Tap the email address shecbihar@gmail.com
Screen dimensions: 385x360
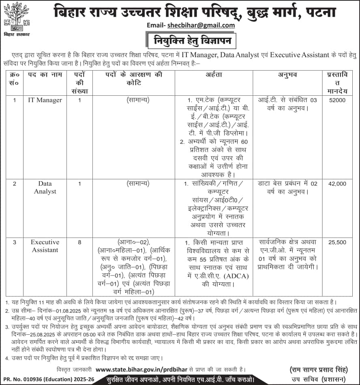tap(201, 25)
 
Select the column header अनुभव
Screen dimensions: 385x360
tap(288, 75)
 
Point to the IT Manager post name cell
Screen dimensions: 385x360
tap(45, 100)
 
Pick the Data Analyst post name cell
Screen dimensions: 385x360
tap(45, 187)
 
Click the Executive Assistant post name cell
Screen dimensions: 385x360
tap(45, 246)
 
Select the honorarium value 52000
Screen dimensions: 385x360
tap(337, 100)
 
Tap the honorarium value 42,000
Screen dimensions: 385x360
tap(337, 184)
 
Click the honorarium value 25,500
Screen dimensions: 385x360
tap(337, 242)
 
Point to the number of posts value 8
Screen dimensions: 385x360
tap(79, 242)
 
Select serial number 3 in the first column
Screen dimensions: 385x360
tap(15, 242)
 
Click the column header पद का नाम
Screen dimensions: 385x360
tap(45, 75)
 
